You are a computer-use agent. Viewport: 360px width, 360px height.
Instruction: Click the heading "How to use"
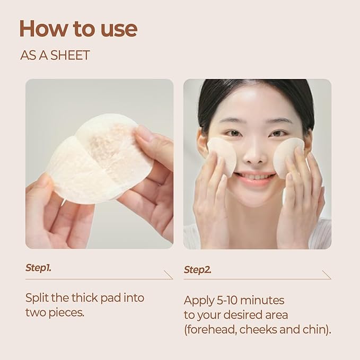tap(78, 29)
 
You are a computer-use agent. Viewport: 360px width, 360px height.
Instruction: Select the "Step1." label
tap(39, 268)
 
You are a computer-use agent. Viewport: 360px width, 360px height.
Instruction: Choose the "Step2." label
tap(198, 270)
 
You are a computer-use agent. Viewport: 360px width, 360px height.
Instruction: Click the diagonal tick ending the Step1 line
tap(169, 274)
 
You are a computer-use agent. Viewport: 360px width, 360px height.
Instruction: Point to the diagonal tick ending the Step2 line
tap(327, 275)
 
